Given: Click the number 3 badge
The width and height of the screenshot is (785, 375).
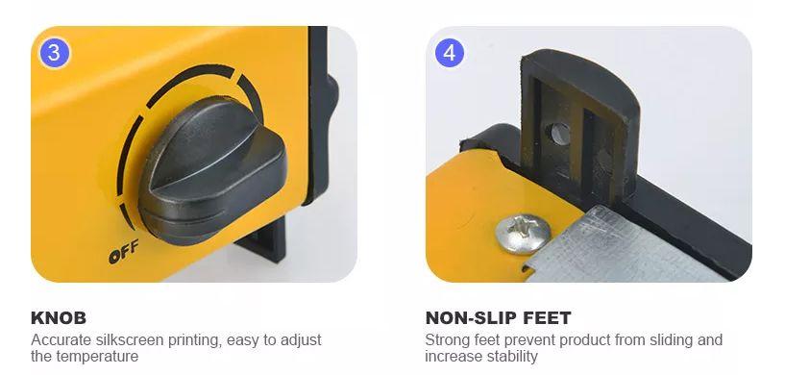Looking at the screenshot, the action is pos(54,53).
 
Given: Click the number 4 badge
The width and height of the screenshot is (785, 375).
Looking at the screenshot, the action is pos(449,53).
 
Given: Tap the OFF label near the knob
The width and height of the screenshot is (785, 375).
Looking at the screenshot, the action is pos(123,251).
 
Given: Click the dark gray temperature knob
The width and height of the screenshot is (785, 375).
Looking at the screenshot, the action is pos(212,169).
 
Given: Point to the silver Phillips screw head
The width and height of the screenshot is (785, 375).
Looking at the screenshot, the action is pos(523,233).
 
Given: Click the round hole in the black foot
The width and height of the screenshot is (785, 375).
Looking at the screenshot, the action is pos(559,135).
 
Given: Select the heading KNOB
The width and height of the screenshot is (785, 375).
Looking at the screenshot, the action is pos(59,318).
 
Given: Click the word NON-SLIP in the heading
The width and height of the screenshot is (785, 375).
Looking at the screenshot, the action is pos(469,318).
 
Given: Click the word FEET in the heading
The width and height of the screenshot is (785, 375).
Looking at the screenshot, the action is pos(546,318).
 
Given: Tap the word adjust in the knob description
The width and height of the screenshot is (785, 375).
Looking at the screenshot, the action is pos(300,340).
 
